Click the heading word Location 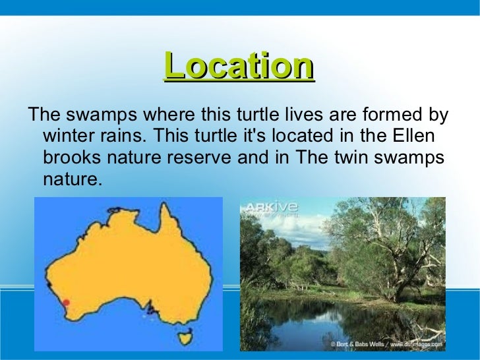tap(239, 66)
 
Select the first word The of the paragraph tap(43, 115)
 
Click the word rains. tap(121, 137)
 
